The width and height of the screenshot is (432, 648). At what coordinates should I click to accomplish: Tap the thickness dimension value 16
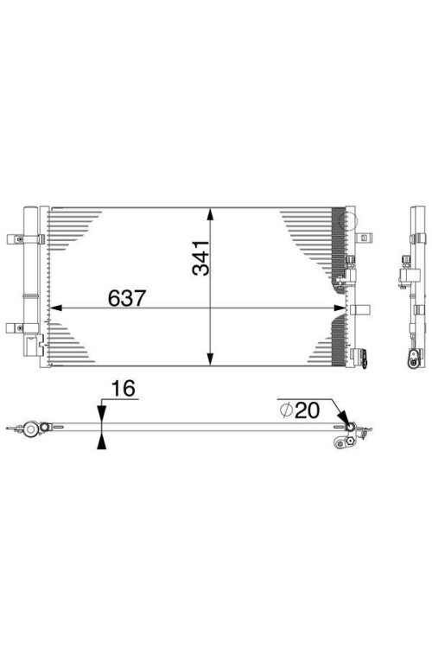coord(125,390)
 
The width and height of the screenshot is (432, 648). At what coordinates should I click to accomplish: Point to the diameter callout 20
coord(307,410)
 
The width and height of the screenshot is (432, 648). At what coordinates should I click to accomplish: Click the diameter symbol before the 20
coord(286,410)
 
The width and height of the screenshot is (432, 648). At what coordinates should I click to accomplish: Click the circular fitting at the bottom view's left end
coord(32,428)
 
